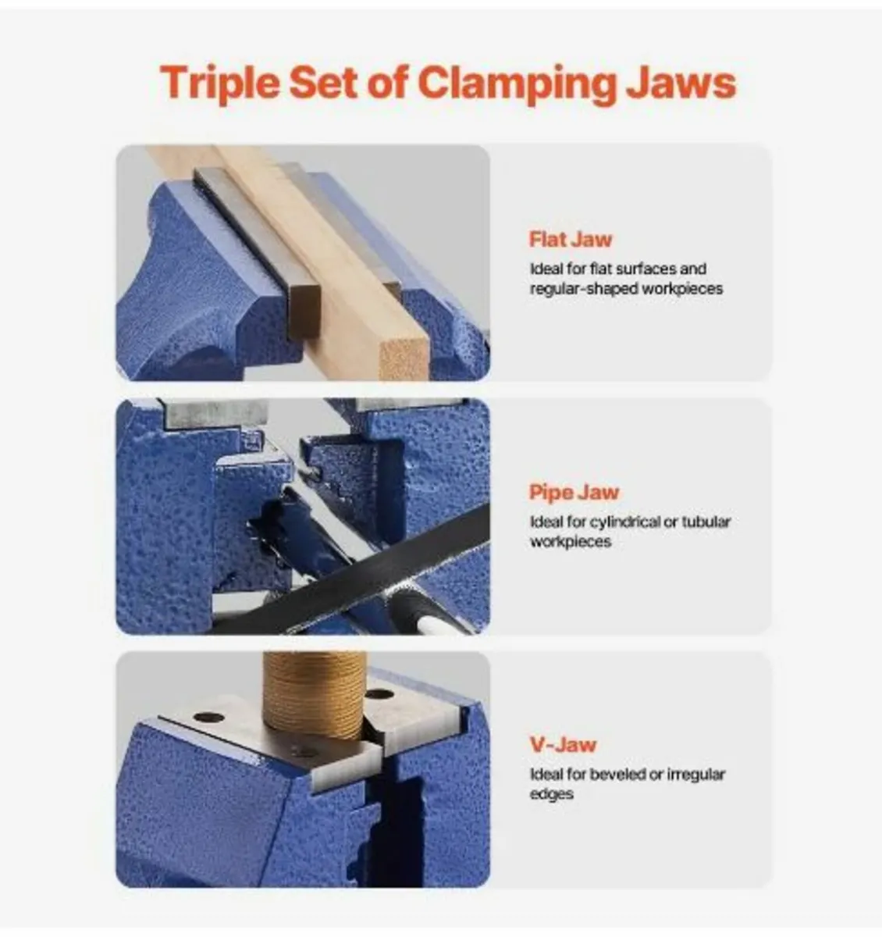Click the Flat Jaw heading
pyautogui.click(x=571, y=239)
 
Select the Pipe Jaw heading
pyautogui.click(x=574, y=492)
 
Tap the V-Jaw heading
pyautogui.click(x=564, y=744)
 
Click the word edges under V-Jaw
pyautogui.click(x=551, y=795)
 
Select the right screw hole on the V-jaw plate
pyautogui.click(x=379, y=693)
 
